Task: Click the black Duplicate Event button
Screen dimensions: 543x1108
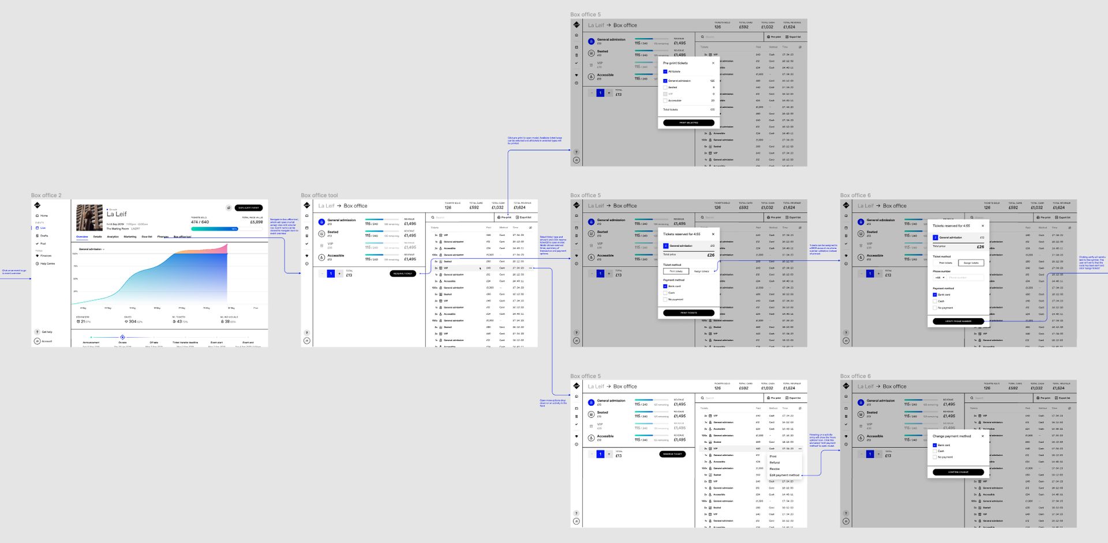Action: tap(249, 208)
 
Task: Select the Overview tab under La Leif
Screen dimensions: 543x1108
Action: tap(82, 236)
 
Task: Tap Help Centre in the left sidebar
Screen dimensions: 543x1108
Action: tap(47, 263)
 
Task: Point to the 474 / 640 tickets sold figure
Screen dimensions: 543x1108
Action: tap(200, 222)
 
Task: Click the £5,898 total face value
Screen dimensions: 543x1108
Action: tap(256, 222)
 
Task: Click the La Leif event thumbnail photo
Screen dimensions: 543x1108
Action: tap(89, 218)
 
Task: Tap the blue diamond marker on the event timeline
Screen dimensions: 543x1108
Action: tap(122, 337)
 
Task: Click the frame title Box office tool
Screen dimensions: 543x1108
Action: tap(319, 195)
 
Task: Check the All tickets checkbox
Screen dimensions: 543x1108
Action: tap(665, 71)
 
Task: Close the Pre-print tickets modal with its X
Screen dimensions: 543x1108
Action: tap(713, 63)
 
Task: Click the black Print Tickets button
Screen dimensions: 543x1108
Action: tap(688, 313)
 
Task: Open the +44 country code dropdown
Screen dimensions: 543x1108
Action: tap(938, 277)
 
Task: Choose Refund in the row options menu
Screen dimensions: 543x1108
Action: tap(774, 462)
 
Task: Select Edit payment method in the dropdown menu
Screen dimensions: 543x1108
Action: tap(784, 475)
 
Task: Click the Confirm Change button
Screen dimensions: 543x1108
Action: tap(958, 472)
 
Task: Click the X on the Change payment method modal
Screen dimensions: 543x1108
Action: tap(983, 436)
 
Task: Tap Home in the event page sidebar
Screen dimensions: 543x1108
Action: tap(44, 216)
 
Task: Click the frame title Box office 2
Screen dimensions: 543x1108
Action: tap(46, 195)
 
